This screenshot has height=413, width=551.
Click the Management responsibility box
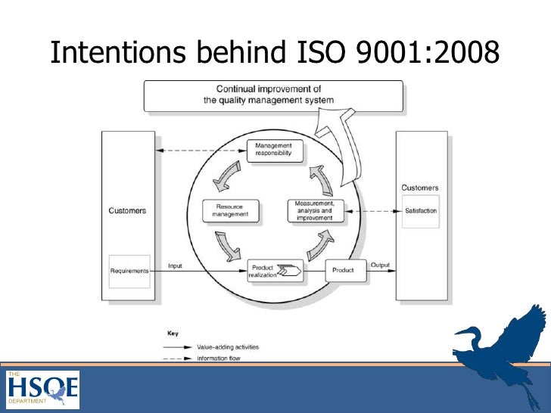point(275,150)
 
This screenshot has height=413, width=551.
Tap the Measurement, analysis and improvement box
point(315,210)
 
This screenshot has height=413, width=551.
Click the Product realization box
point(275,270)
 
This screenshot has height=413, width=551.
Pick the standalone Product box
point(343,270)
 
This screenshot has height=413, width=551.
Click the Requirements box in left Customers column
point(129,271)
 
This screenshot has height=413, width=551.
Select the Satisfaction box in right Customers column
point(421,211)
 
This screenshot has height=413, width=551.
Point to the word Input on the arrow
point(175,265)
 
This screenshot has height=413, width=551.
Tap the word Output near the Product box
point(380,265)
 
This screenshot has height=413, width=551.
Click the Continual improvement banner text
point(269,95)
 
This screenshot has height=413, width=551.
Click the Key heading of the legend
point(172,333)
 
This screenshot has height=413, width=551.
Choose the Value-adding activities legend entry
point(226,347)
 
